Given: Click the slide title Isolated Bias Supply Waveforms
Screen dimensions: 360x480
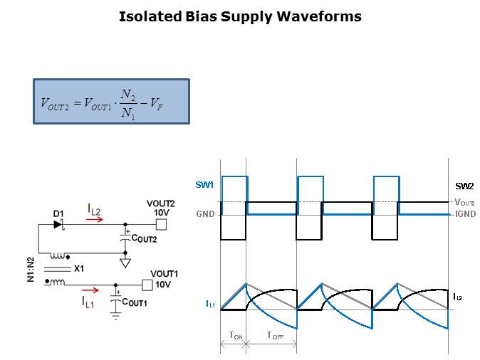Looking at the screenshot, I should pyautogui.click(x=240, y=16).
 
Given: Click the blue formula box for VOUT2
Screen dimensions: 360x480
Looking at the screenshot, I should pyautogui.click(x=111, y=102).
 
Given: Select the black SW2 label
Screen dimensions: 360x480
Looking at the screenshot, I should pyautogui.click(x=464, y=186).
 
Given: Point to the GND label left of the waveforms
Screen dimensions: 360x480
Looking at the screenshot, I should pyautogui.click(x=205, y=213).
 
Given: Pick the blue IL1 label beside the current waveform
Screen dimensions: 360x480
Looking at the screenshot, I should pyautogui.click(x=211, y=305).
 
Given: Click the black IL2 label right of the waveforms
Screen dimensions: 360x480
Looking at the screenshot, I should pyautogui.click(x=457, y=296).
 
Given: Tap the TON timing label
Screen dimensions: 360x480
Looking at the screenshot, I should pyautogui.click(x=233, y=335).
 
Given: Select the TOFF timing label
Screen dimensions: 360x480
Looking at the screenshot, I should pyautogui.click(x=275, y=335).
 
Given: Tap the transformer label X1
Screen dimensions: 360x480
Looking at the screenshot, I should pyautogui.click(x=79, y=269).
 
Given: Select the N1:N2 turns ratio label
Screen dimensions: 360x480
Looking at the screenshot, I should pyautogui.click(x=31, y=269).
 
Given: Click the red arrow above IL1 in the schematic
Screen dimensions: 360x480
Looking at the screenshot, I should pyautogui.click(x=90, y=290).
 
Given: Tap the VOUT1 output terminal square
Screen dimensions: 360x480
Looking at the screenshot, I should pyautogui.click(x=147, y=285).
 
